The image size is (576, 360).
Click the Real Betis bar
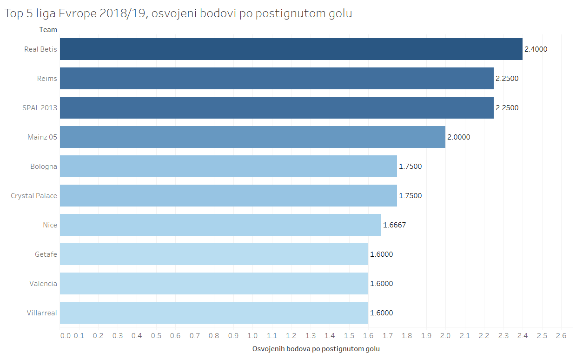[291, 49]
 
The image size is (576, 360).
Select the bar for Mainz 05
[252, 137]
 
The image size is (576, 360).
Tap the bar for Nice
[220, 225]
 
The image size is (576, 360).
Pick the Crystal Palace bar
[228, 196]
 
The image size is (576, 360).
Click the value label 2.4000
[536, 49]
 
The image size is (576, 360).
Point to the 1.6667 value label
[394, 225]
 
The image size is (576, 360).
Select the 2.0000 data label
[458, 137]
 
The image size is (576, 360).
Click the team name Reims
[47, 79]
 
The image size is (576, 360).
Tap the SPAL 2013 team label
[40, 108]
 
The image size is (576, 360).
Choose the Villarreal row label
[42, 313]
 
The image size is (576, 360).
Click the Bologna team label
[44, 167]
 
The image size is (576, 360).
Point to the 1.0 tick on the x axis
[252, 336]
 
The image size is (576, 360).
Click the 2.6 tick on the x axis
[561, 336]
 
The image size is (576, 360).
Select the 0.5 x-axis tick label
[156, 336]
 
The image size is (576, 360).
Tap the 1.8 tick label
[407, 336]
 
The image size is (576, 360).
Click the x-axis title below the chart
[316, 349]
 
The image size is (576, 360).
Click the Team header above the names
[48, 30]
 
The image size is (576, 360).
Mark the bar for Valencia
[214, 284]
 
